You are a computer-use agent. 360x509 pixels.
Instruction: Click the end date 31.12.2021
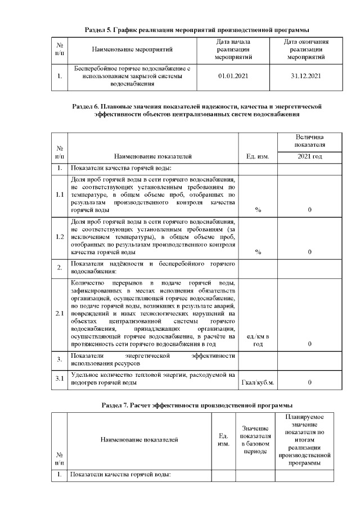point(306,75)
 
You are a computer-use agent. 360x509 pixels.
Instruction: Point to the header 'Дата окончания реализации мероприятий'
point(306,49)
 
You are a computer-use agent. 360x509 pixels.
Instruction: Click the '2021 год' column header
point(309,156)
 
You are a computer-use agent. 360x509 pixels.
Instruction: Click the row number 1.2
point(59,237)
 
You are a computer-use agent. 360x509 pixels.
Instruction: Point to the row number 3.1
point(59,379)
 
